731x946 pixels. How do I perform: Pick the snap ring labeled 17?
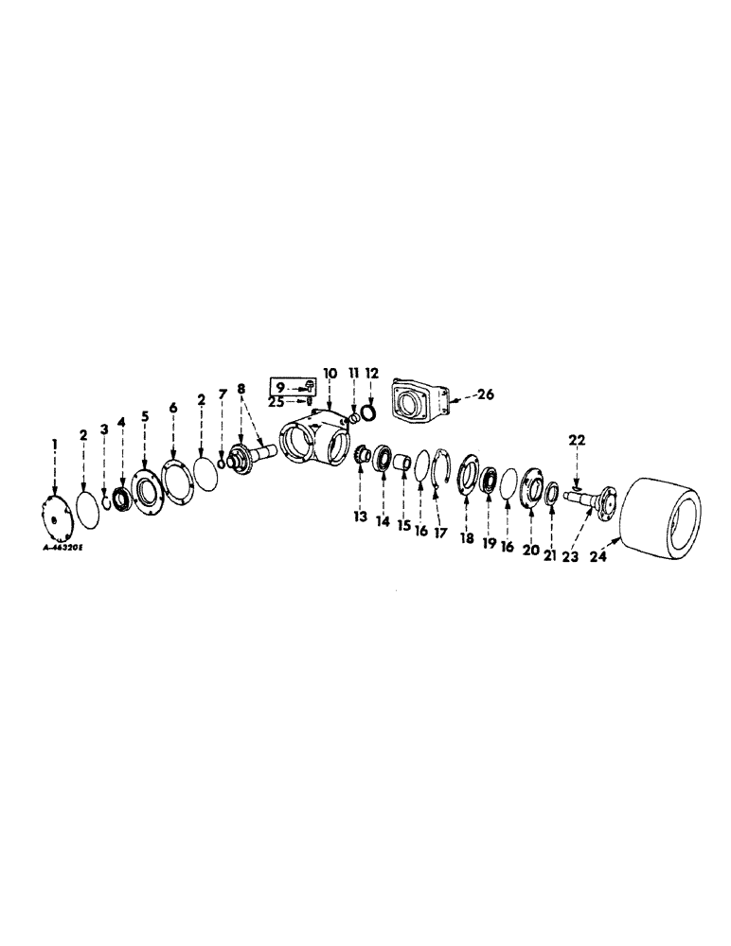point(437,472)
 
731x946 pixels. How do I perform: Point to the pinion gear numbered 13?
point(361,460)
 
